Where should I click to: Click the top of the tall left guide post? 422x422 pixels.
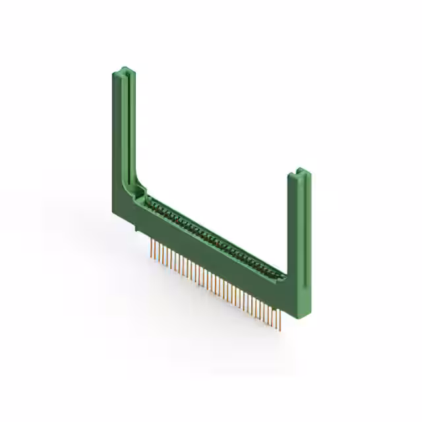click(123, 70)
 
